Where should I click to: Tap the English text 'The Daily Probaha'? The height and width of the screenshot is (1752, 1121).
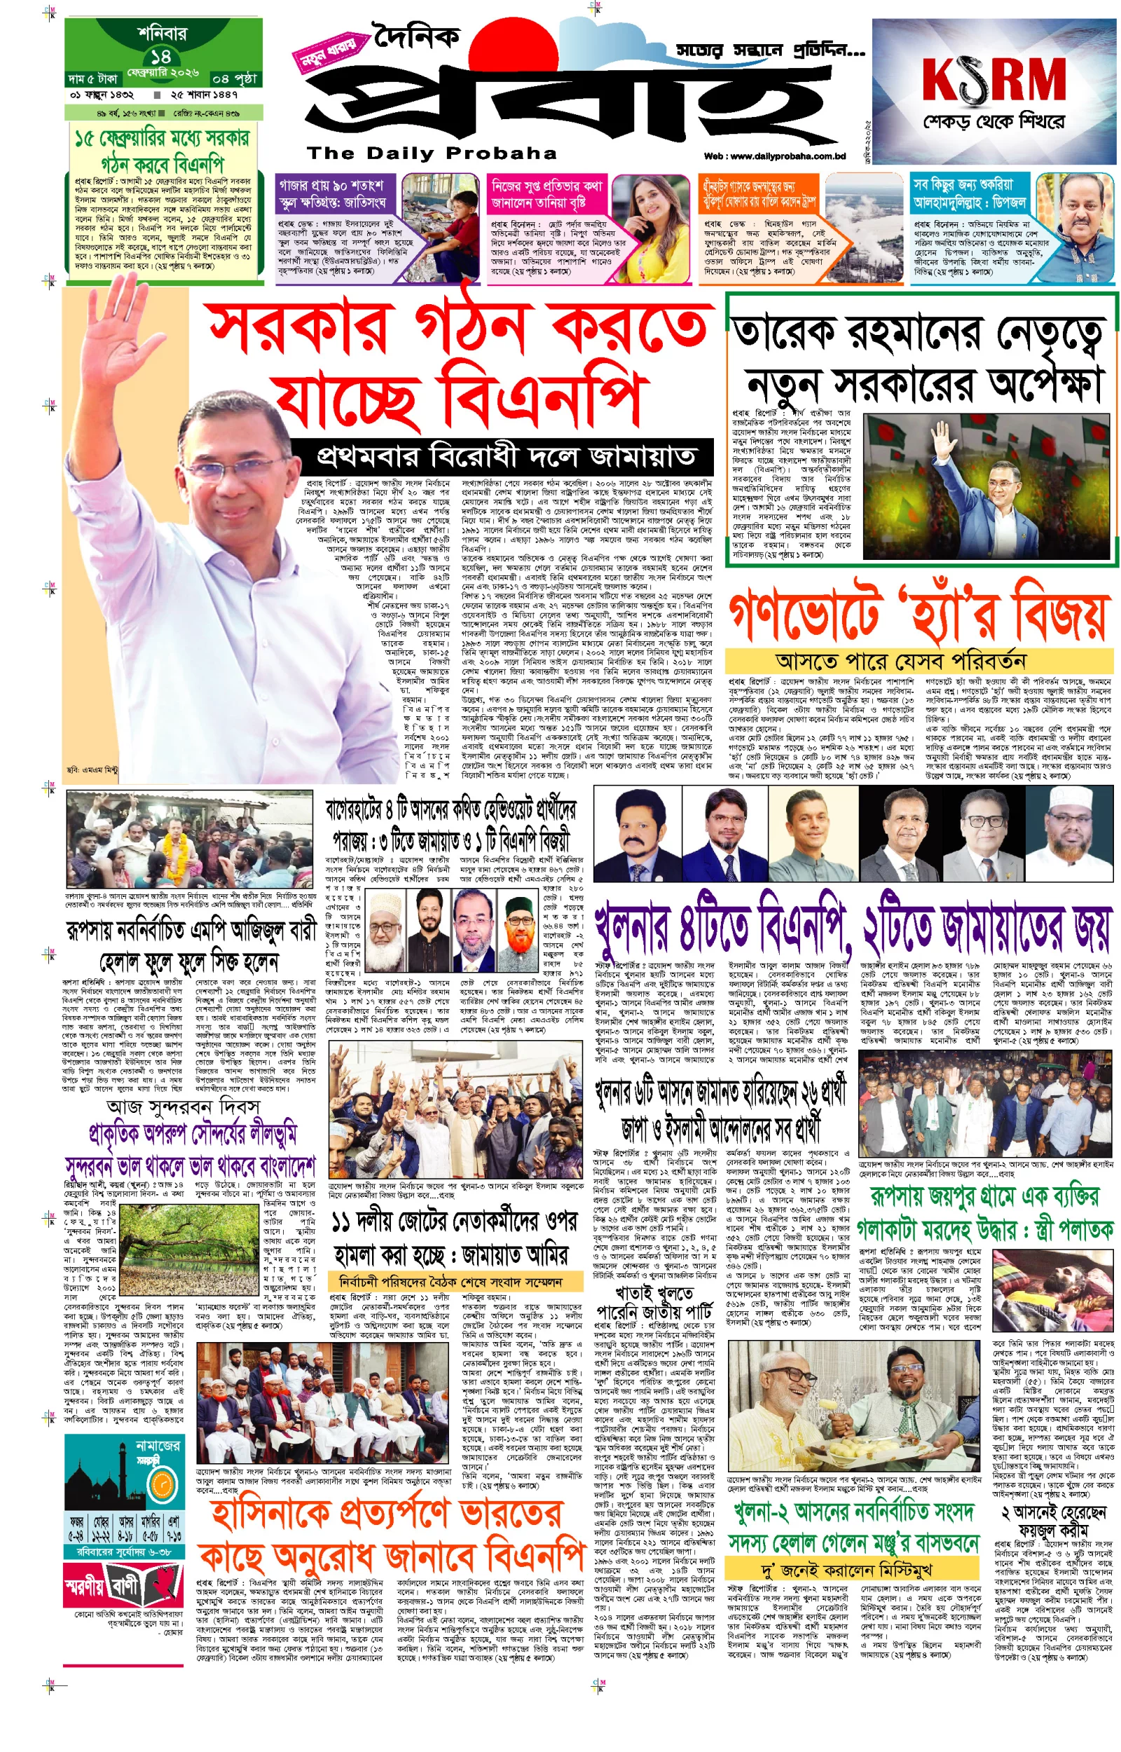(432, 153)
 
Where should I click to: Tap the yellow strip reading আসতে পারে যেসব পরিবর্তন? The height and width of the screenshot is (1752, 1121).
(900, 661)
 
